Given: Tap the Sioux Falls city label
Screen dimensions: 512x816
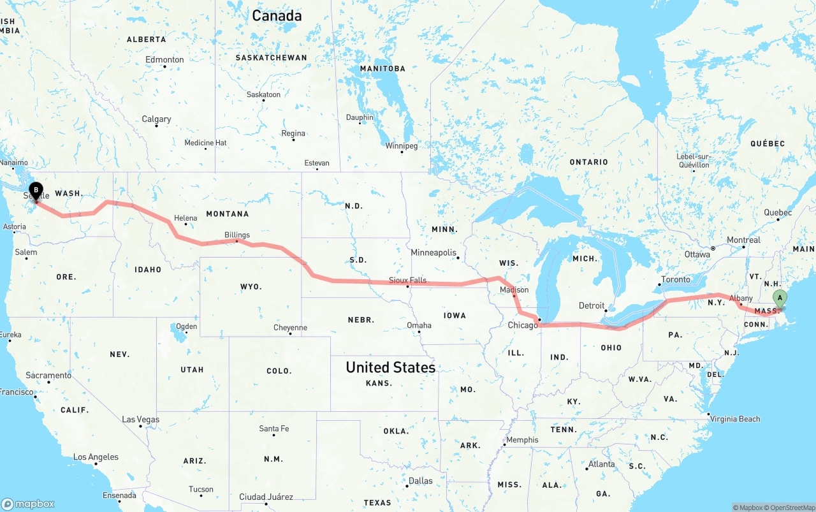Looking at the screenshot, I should point(408,280).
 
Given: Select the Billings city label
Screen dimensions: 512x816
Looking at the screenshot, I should point(237,235).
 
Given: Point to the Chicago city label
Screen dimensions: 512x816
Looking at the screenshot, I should point(523,325).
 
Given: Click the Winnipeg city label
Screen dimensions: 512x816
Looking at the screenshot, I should point(402,146).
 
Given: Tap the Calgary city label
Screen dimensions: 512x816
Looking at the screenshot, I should point(156,119).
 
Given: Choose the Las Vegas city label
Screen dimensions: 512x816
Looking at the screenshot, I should point(141,420).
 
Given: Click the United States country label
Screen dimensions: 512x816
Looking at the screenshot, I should point(391,367).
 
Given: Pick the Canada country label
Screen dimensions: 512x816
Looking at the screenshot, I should point(277,16).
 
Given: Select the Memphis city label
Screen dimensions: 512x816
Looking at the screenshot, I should point(522,440).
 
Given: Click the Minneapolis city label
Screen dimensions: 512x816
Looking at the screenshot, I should point(433,252).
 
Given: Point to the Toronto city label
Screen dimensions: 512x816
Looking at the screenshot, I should point(676,279).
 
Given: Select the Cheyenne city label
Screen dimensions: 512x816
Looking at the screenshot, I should point(290,328).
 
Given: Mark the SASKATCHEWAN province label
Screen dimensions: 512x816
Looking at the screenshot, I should point(271,57).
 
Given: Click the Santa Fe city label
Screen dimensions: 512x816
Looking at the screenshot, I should point(273,428).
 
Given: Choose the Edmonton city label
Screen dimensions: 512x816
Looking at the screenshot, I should point(164,60).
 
